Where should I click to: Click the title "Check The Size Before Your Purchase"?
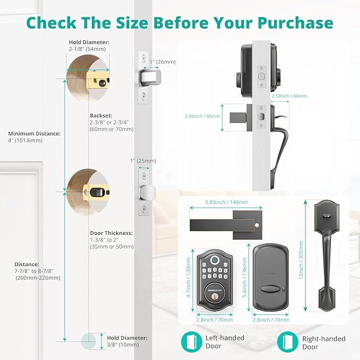click(180, 22)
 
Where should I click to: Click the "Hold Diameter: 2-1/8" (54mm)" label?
click(89, 46)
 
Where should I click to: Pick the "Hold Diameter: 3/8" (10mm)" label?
click(127, 341)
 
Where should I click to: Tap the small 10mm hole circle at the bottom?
click(87, 340)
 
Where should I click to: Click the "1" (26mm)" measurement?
click(162, 62)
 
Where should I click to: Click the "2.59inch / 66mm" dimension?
click(289, 96)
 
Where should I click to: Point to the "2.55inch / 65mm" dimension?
click(202, 115)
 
